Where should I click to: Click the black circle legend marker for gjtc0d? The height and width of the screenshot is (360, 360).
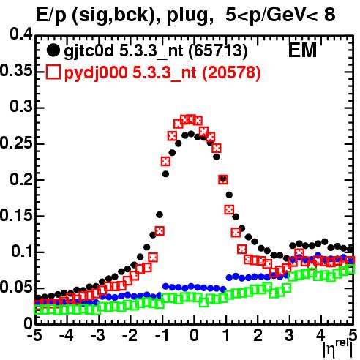53,50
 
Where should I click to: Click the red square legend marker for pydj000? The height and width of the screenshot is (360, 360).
53,72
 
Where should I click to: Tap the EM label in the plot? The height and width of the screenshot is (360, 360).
302,50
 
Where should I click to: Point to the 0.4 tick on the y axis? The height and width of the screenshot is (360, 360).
21,34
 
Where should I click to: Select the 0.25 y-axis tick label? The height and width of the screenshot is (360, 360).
16,143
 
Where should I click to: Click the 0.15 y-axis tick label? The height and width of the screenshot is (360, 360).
16,215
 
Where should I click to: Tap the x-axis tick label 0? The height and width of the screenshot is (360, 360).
194,336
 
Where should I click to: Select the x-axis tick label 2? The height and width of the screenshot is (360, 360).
258,336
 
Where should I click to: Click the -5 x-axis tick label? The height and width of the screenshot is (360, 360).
34,336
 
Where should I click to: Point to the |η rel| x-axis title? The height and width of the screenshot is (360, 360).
338,349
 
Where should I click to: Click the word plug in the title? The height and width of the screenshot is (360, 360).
189,15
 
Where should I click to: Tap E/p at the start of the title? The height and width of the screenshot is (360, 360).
50,15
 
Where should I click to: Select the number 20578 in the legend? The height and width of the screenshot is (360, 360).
231,72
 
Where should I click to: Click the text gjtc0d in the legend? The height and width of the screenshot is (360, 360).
89,51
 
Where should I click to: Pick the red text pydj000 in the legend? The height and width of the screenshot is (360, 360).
96,73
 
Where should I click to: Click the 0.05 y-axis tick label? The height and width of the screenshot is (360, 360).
16,288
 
